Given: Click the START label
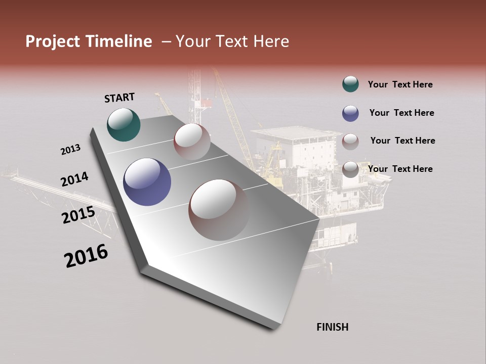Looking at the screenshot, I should coord(119,98).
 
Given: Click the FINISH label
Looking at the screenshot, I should coord(332,327).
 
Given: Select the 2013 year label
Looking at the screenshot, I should coord(71,150).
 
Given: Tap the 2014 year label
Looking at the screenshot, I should coord(74,179).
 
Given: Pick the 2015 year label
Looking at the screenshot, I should coord(78,215).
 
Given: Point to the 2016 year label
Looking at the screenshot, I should coord(86,256).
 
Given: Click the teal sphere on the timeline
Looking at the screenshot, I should coord(124,125).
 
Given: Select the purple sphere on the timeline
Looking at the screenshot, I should coord(147,182).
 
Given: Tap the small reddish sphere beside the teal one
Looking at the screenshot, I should coord(192,142).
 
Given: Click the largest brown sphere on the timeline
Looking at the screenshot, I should coord(218,209).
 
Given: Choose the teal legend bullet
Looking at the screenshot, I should coord(350,84).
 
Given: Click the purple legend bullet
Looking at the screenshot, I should coord(350,113).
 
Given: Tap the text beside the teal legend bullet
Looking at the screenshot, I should coord(400,84).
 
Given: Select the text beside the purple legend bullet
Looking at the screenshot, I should coord(401,113).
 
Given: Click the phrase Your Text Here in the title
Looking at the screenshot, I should coord(232,41).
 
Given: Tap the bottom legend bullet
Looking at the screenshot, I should coord(350,169).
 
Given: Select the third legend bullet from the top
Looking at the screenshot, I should coord(350,142).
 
